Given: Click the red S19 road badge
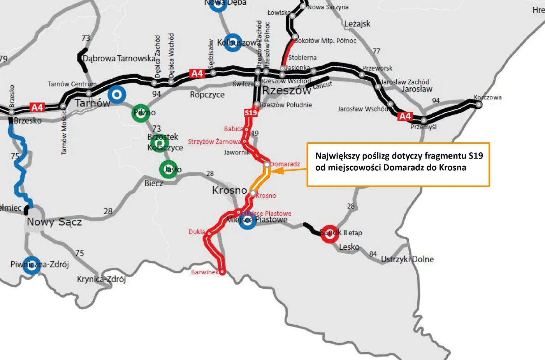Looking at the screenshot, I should [251, 113].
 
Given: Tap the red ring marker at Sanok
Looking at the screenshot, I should [329, 233].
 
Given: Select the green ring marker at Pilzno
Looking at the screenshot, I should [141, 113].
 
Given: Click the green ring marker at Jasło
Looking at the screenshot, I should [168, 169].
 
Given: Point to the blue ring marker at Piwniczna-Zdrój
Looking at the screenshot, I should [32, 265].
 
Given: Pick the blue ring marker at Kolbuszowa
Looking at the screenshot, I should [233, 42].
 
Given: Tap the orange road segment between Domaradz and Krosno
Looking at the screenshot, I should [260, 179].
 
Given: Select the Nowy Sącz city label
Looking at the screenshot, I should [54, 222].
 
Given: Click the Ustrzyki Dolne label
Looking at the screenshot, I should [407, 259].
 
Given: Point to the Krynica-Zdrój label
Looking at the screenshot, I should [101, 279].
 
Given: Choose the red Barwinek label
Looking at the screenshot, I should [204, 272].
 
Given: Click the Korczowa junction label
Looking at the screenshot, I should [487, 97].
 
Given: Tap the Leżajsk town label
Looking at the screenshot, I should [357, 24].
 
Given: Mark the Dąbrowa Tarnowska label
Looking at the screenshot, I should [119, 58].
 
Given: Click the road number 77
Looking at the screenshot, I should [376, 51].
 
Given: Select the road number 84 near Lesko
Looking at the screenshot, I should [373, 254].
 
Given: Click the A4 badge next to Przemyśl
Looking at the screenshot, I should [405, 116].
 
